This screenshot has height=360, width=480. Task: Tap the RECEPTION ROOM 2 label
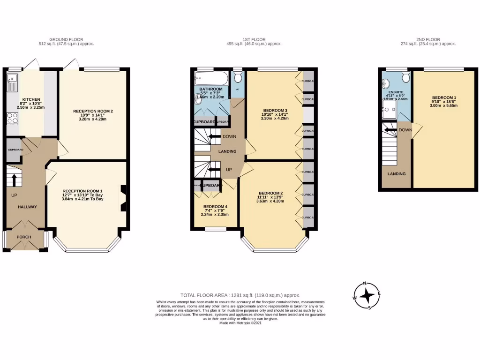[93, 111]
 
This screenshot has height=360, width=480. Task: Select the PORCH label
[24, 237]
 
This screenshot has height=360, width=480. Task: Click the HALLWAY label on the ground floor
[27, 207]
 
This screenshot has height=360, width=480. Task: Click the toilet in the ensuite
[405, 76]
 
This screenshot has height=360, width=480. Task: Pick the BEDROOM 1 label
[444, 98]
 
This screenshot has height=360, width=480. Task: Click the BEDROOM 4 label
[216, 207]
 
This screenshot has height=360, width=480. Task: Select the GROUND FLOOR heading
[67, 39]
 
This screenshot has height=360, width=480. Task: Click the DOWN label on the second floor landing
[405, 130]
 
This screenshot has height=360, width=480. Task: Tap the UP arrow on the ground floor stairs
[14, 180]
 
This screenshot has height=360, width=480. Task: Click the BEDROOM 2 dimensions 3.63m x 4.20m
[270, 201]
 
